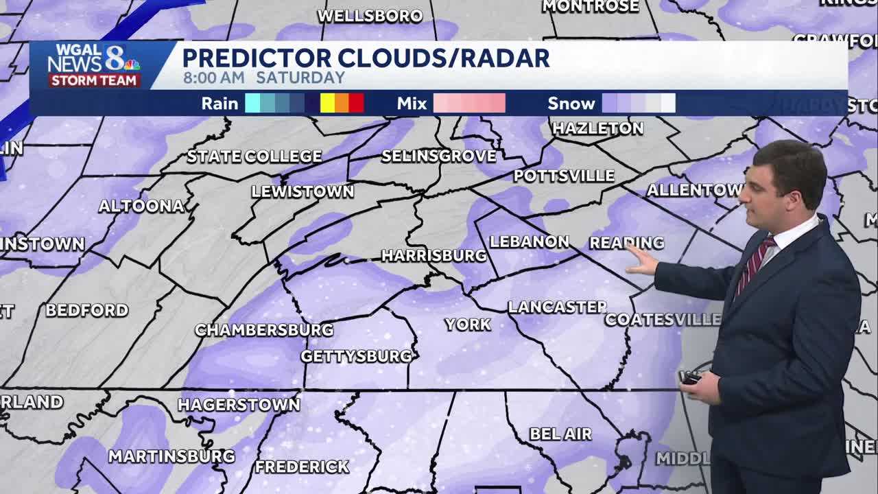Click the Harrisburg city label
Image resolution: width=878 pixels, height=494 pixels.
click(x=434, y=256)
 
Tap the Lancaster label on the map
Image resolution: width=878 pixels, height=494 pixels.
click(x=557, y=307)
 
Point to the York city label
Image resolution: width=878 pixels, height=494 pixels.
click(x=468, y=325)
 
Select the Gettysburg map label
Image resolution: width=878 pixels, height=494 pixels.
click(x=357, y=356)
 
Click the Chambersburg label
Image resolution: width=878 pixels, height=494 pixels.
click(x=264, y=330)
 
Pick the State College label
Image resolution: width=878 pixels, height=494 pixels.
click(x=254, y=156)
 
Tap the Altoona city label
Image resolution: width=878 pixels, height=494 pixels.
click(x=141, y=206)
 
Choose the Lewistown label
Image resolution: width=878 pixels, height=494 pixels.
click(x=302, y=191)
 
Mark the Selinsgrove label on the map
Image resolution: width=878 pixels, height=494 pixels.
click(x=439, y=156)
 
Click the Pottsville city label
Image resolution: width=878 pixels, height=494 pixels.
click(x=564, y=176)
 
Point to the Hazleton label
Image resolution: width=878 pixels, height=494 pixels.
click(x=598, y=128)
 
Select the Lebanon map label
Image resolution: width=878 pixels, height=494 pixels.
click(x=529, y=242)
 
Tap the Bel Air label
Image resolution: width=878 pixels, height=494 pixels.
click(x=560, y=434)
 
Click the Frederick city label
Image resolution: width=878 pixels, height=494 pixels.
click(x=302, y=467)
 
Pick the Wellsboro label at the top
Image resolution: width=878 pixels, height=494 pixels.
click(x=370, y=16)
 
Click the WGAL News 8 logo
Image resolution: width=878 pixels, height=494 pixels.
click(x=93, y=65)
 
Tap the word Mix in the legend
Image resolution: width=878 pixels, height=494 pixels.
click(x=412, y=104)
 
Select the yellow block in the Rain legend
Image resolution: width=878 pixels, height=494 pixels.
click(x=327, y=104)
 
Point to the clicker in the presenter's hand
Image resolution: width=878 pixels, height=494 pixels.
click(x=690, y=377)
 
